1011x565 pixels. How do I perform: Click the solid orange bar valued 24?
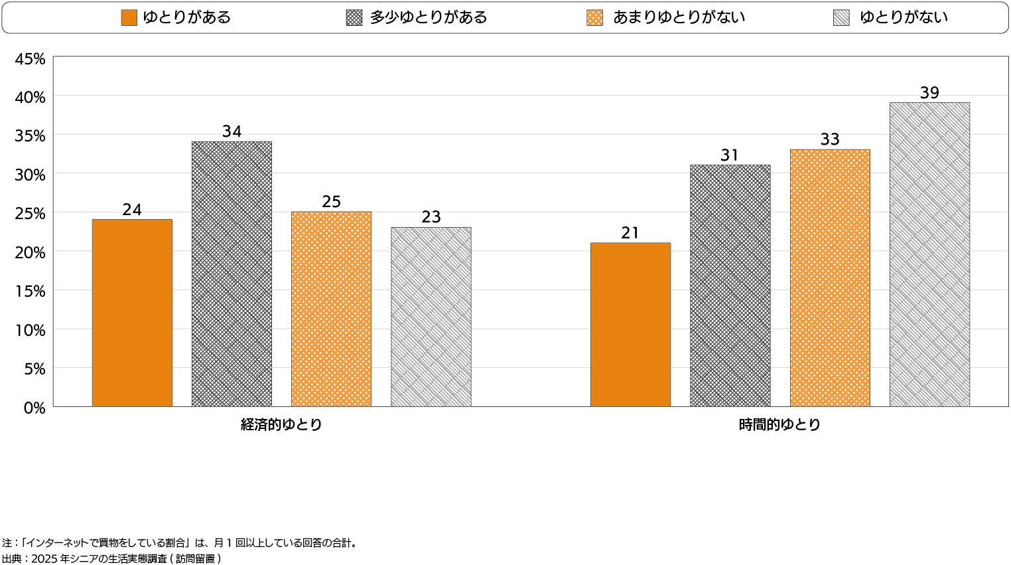coord(132,313)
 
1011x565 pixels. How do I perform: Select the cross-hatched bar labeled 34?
coord(232,274)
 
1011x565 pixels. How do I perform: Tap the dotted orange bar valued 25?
coord(331,309)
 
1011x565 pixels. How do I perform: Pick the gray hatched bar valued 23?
coord(431,317)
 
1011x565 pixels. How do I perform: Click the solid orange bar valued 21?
coord(630,325)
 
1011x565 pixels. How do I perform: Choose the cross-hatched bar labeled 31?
coord(730,285)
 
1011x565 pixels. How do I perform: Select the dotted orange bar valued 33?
coord(830,278)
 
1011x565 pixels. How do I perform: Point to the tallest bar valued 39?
coord(929,254)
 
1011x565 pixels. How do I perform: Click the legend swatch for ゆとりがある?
coord(129,18)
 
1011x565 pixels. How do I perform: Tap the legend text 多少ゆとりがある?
coord(429,18)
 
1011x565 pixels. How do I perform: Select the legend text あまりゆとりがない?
coord(679,18)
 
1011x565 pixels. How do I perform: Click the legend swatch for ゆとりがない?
coord(841,18)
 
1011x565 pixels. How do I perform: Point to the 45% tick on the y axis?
coord(31,59)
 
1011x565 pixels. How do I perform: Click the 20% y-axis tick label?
coord(31,253)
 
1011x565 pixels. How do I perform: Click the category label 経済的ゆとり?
coord(281,425)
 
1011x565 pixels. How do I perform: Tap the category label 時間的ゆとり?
coord(779,425)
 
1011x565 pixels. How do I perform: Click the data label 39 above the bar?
coord(929,93)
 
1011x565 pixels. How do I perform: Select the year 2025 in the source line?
coord(44,559)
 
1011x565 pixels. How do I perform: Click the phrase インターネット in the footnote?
coord(56,543)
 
